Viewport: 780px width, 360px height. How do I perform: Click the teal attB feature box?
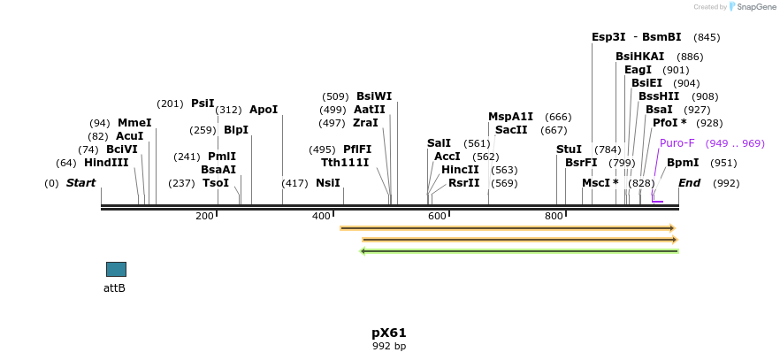[116, 269]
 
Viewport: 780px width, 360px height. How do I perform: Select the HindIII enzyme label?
[106, 163]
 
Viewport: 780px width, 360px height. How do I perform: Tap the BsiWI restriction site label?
[373, 96]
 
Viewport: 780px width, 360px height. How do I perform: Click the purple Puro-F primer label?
[677, 143]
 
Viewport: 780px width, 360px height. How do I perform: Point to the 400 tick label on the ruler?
[320, 216]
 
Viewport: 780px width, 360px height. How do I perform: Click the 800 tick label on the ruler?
[554, 216]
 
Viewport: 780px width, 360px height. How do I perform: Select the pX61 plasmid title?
[389, 333]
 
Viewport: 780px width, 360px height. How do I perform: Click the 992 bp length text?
[389, 346]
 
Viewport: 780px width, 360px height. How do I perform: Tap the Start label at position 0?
[80, 183]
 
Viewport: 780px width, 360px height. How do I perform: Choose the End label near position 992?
[690, 183]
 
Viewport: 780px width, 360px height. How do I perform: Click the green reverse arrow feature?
[519, 251]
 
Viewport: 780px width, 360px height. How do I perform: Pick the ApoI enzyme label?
[264, 110]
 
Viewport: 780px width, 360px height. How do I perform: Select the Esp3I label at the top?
[608, 37]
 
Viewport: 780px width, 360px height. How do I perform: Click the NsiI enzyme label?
[327, 183]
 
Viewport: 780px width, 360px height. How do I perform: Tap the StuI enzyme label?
[569, 149]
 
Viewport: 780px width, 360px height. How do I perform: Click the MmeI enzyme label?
[134, 123]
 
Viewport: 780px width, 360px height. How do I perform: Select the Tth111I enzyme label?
[345, 163]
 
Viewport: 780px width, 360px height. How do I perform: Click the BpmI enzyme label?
[683, 163]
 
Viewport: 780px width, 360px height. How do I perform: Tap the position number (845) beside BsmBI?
[707, 37]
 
